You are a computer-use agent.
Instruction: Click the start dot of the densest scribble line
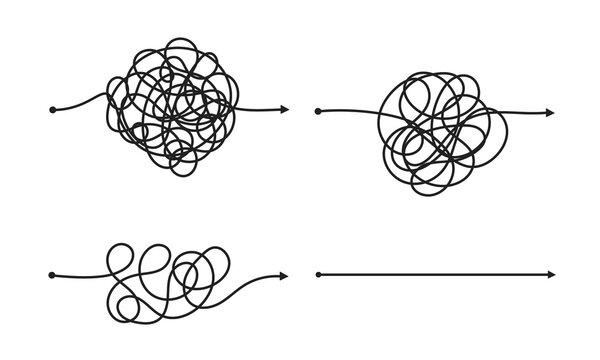tap(50, 108)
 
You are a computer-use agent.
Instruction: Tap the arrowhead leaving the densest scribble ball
tap(285, 108)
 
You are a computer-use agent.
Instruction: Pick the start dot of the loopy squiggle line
tap(50, 272)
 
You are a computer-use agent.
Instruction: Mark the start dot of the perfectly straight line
tap(318, 272)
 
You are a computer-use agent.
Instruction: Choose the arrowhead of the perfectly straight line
tap(551, 272)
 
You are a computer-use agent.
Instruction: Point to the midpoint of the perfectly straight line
tap(435, 272)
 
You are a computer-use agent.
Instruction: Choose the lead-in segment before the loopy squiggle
tap(80, 273)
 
